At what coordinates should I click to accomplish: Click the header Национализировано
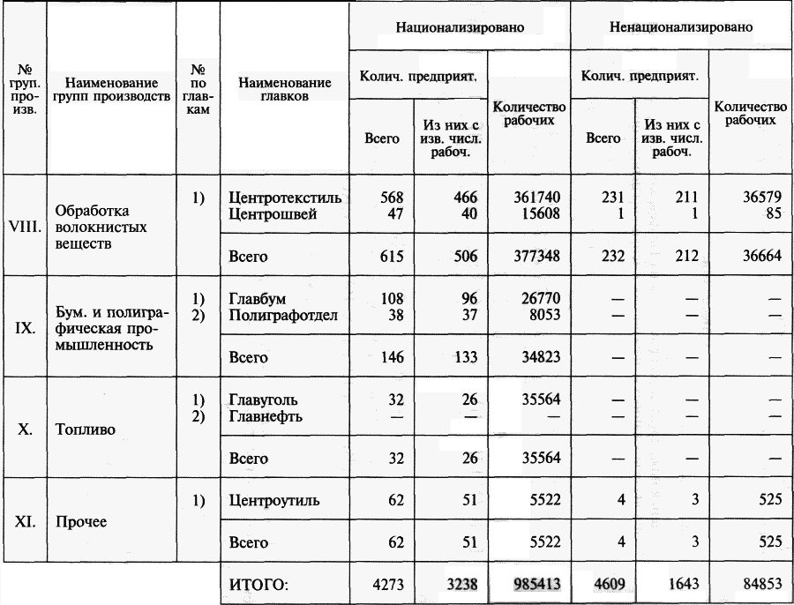coord(460,27)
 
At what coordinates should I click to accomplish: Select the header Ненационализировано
coord(681,27)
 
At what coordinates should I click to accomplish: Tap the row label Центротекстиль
coord(285,198)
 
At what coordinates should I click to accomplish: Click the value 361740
coord(528,198)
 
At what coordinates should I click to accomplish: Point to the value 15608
coord(534,213)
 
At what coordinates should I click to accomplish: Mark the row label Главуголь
coord(264,400)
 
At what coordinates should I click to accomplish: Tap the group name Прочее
coord(80,521)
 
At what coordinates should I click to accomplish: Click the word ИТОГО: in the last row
coord(259,583)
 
